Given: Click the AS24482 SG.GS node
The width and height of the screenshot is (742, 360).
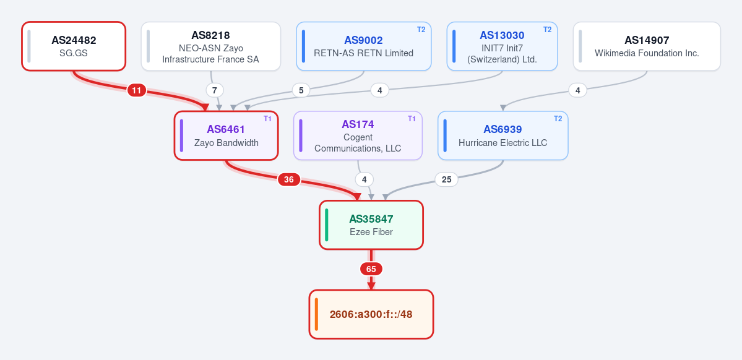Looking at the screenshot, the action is point(74,46).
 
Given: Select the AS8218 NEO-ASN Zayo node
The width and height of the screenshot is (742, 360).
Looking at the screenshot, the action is point(210,46).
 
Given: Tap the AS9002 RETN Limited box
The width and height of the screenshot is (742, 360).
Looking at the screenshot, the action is point(363,46).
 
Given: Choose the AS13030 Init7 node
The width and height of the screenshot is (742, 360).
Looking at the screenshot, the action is point(502,46).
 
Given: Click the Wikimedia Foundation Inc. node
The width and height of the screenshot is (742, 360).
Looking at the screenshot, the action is point(647,46).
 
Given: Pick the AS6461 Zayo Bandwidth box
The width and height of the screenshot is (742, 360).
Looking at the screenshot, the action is point(226,135).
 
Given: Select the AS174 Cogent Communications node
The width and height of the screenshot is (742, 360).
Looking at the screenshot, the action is point(358,135).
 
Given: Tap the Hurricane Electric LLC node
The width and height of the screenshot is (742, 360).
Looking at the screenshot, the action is point(503,135).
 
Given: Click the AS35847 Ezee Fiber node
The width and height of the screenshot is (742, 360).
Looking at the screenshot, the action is point(371,225).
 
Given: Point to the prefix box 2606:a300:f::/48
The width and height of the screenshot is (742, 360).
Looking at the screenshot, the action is point(371,314).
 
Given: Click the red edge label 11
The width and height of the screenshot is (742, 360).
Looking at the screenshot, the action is point(137,90).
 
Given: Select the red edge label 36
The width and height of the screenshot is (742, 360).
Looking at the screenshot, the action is point(288,180).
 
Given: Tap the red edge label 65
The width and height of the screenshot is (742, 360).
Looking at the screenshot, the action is point(371,269).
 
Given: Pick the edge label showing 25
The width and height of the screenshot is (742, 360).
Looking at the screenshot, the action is point(446,180).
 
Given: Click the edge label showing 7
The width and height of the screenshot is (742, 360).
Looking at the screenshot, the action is point(214,90).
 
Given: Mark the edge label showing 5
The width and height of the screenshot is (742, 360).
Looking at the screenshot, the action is point(301,90).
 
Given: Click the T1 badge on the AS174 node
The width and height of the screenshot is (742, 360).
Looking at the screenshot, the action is point(411,119).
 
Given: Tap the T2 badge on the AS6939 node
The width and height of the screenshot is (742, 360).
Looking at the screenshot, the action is point(558,119).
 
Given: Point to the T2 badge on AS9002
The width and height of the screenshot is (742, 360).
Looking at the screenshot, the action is point(421,29).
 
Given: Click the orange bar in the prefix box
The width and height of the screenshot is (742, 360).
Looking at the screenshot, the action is point(316,314).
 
